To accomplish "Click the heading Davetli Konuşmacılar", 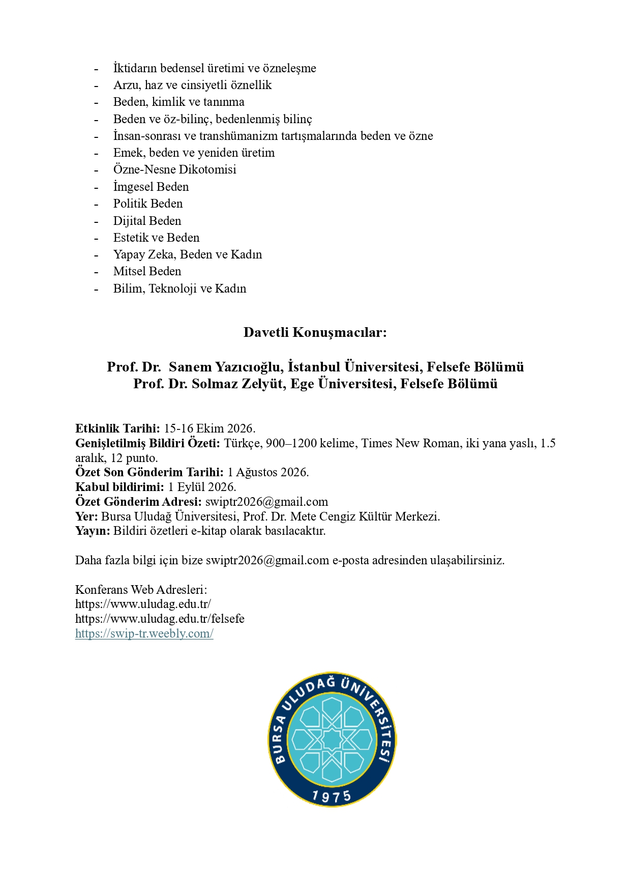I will [315, 332].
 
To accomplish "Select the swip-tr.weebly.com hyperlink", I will [144, 633].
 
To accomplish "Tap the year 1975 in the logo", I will [332, 796].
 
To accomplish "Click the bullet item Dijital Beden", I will [147, 221].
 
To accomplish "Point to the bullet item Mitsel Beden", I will [147, 271].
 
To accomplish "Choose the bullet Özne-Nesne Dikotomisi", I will [174, 169].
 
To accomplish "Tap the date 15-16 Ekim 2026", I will [209, 428].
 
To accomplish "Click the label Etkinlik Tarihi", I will [117, 428].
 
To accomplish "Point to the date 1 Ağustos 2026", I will [267, 472].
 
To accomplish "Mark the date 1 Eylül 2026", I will [202, 487].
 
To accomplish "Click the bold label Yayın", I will [93, 531].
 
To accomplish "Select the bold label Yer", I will [86, 516].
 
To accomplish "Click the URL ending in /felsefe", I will [160, 619].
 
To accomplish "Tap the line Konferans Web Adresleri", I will [141, 590].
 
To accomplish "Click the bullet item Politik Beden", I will [147, 204].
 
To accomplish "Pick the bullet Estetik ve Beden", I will [156, 238].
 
